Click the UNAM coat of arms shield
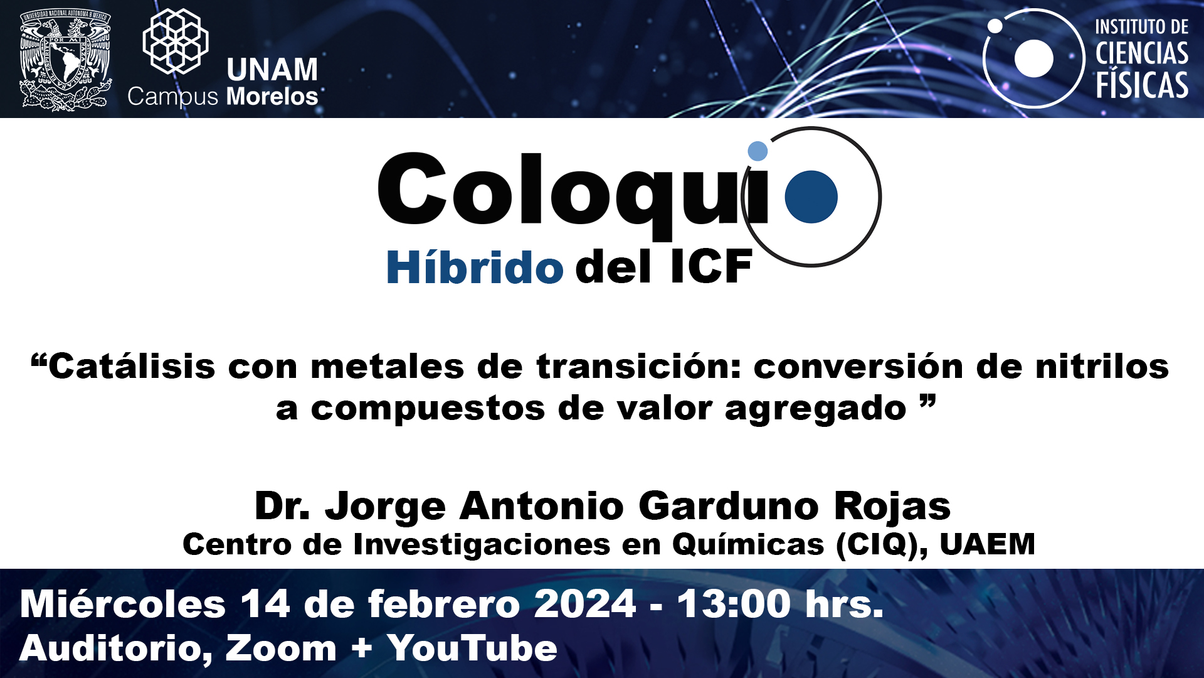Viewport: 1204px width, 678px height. tap(65, 59)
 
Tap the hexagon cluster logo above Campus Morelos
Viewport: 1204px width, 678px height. tap(176, 41)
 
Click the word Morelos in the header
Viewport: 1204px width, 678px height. tap(272, 97)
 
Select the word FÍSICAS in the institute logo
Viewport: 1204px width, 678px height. tap(1142, 85)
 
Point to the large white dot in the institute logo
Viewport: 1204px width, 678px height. tap(1033, 58)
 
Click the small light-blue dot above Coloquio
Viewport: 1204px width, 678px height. tap(758, 151)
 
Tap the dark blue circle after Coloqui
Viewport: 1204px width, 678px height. tap(811, 196)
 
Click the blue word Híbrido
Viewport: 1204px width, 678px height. tap(475, 267)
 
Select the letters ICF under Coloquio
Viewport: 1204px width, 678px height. tap(711, 267)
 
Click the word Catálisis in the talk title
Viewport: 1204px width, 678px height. tap(132, 366)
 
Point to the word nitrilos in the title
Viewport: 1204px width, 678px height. tap(1102, 366)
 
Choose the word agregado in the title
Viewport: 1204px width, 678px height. tap(815, 409)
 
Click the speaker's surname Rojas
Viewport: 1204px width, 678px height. tap(892, 506)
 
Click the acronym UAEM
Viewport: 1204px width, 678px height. tap(987, 544)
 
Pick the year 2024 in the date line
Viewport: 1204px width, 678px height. tap(585, 604)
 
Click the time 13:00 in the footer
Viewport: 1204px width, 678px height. tap(734, 604)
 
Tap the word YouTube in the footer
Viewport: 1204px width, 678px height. tap(472, 648)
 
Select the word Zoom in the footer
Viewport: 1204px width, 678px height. tap(281, 648)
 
